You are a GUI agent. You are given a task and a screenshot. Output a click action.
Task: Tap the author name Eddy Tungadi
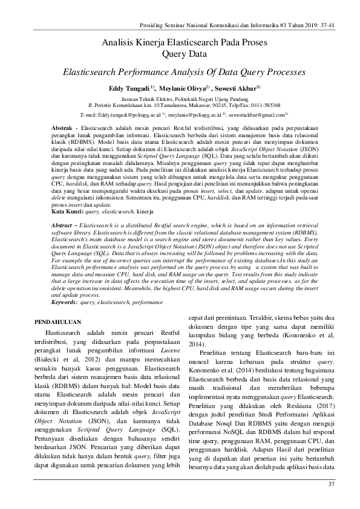pyautogui.click(x=129, y=88)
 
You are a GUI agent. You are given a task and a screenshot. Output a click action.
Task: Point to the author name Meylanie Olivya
pyautogui.click(x=182, y=88)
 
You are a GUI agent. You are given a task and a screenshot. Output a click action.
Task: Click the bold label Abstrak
pyautogui.click(x=62, y=129)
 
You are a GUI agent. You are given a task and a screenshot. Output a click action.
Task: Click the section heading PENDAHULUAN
pyautogui.click(x=59, y=322)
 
